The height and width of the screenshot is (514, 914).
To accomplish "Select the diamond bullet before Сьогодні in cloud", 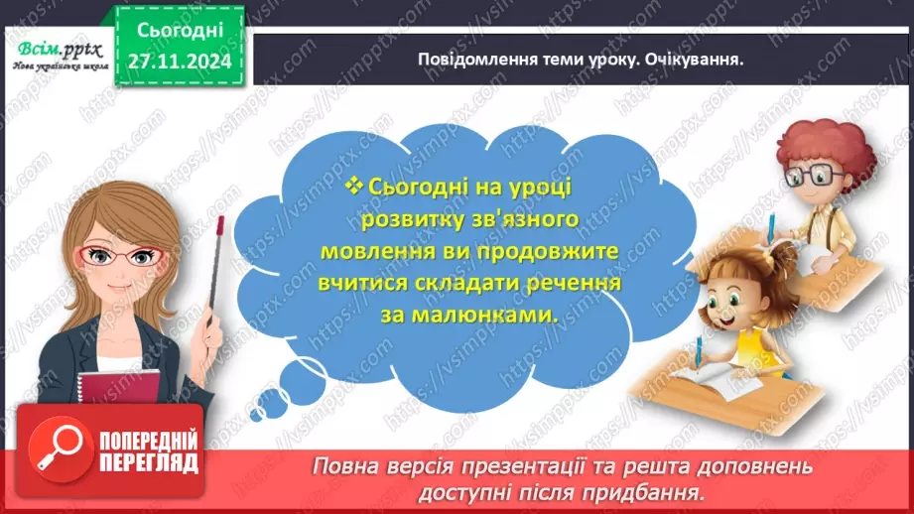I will (354, 185).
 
